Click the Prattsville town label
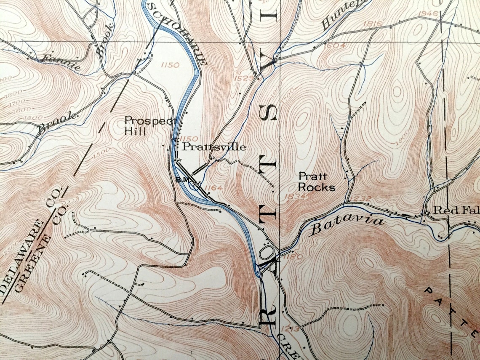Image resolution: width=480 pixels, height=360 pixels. coord(213,147)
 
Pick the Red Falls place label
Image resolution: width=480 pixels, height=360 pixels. coord(456,210)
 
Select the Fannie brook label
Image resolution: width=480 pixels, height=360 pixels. coord(59,62)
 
